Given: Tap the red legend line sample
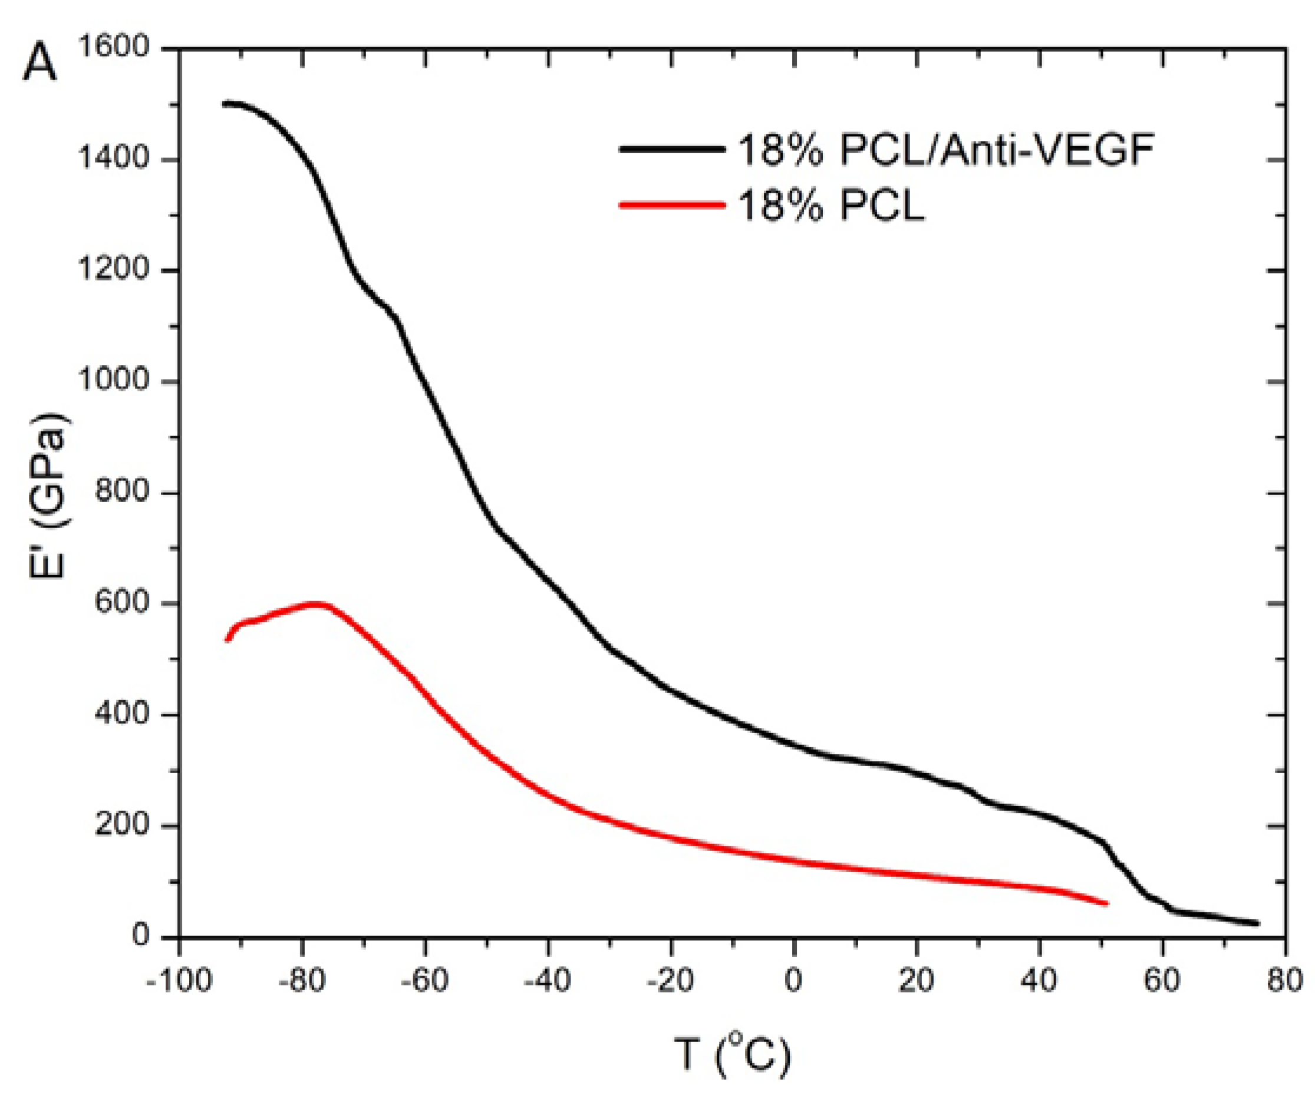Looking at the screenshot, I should pos(671,204).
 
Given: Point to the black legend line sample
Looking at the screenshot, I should pos(671,149).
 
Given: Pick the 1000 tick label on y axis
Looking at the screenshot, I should pos(113,381).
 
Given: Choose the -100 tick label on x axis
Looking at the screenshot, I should pos(179,979).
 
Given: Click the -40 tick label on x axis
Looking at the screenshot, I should pos(548,979).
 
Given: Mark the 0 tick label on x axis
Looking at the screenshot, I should pos(793,979).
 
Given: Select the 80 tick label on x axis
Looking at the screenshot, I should pos(1284,979).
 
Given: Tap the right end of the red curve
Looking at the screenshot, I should pos(1107,903).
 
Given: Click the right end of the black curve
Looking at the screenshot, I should pos(1257,923).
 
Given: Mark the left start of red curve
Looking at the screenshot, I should pos(227,640).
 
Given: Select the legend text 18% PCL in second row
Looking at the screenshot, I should pos(830,206).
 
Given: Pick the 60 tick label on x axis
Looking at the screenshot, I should pos(1162,979).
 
